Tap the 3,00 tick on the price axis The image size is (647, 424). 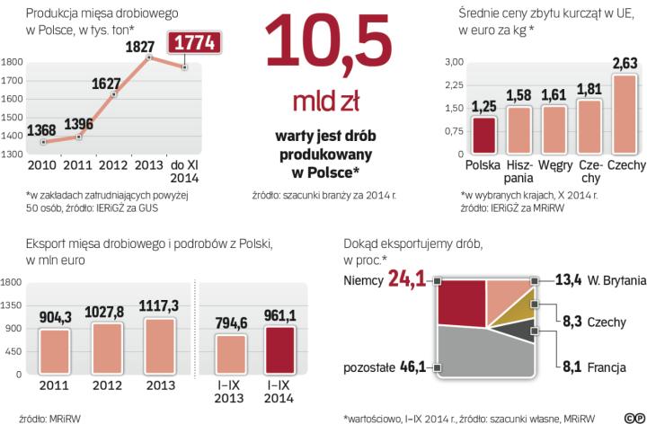click(x=453, y=61)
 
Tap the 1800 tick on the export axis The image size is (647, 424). click(x=13, y=281)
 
